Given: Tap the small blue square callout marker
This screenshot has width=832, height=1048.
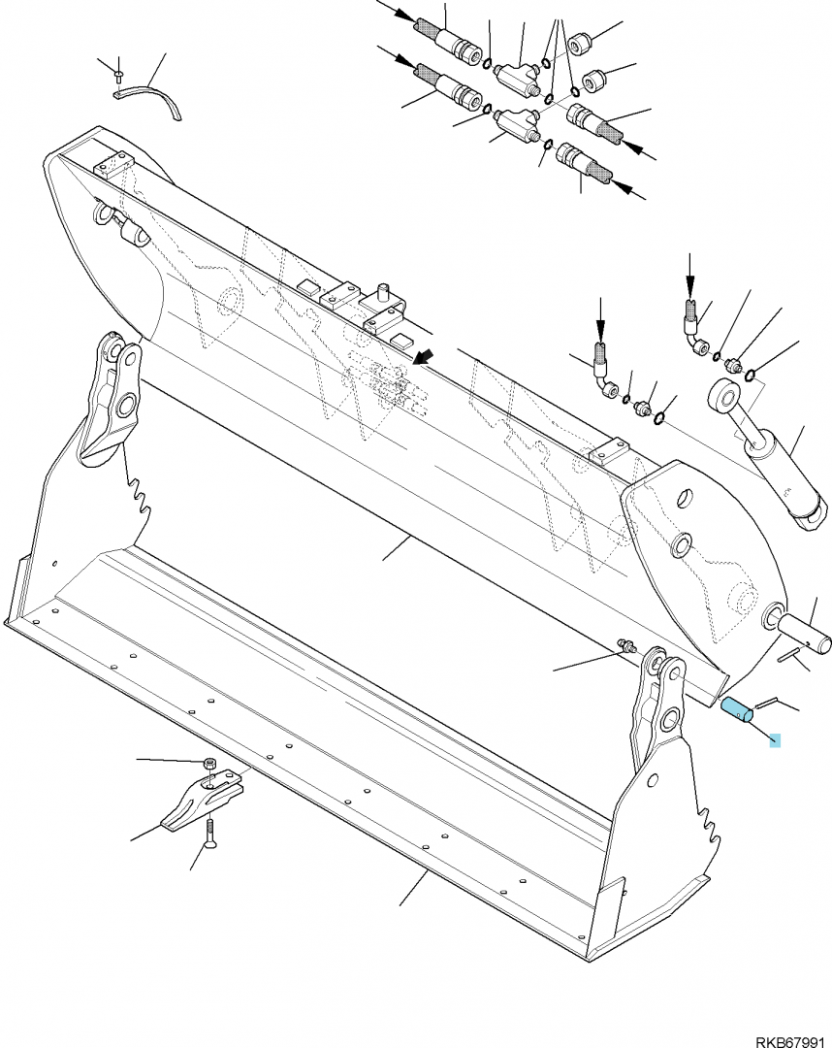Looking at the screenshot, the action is [775, 740].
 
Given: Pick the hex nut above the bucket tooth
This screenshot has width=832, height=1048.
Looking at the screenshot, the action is [209, 764].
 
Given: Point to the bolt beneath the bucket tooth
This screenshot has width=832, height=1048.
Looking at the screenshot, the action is [208, 833].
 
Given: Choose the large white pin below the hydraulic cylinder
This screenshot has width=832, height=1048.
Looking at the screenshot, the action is [800, 631].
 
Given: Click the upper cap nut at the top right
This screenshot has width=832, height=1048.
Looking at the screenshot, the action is [579, 47].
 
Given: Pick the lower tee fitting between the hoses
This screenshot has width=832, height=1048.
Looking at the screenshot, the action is [515, 125].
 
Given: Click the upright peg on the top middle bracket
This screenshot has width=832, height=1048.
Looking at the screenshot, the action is [383, 293].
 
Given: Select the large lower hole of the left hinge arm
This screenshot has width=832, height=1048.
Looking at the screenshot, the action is [125, 405].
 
